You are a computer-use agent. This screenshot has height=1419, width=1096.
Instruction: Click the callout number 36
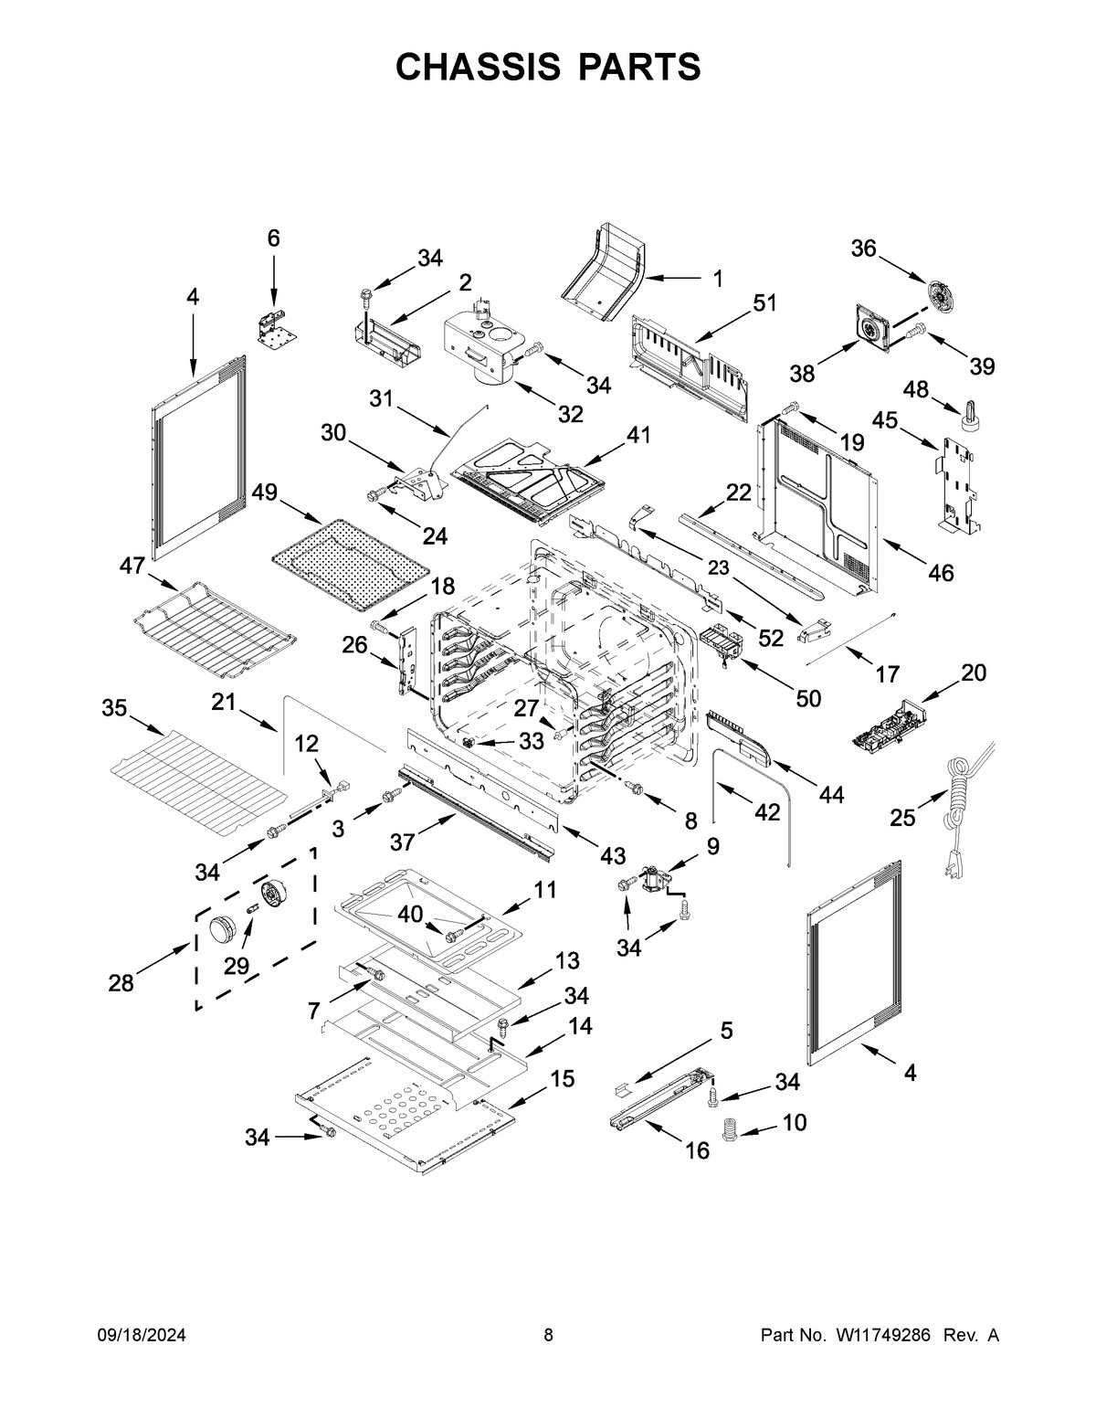click(863, 249)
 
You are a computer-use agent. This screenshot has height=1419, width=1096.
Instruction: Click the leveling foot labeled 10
click(730, 1130)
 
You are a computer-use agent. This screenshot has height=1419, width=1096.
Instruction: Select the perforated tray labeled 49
click(352, 565)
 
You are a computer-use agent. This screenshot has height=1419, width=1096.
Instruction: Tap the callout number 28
click(121, 983)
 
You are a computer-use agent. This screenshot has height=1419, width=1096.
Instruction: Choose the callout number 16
click(697, 1150)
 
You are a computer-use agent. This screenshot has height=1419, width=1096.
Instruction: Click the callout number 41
click(638, 435)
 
